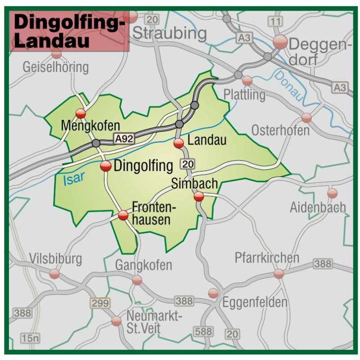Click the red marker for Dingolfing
click(106, 166)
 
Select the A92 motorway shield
click(124, 139)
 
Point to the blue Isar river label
click(73, 180)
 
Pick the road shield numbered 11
click(276, 21)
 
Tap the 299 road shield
click(100, 303)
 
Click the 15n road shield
click(30, 337)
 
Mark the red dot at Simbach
click(198, 196)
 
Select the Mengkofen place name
click(91, 125)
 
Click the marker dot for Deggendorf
click(280, 42)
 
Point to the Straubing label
click(170, 33)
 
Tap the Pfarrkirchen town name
click(267, 258)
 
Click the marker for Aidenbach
click(332, 193)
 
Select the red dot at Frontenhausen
click(123, 216)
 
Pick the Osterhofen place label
click(280, 130)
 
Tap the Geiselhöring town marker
click(57, 54)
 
